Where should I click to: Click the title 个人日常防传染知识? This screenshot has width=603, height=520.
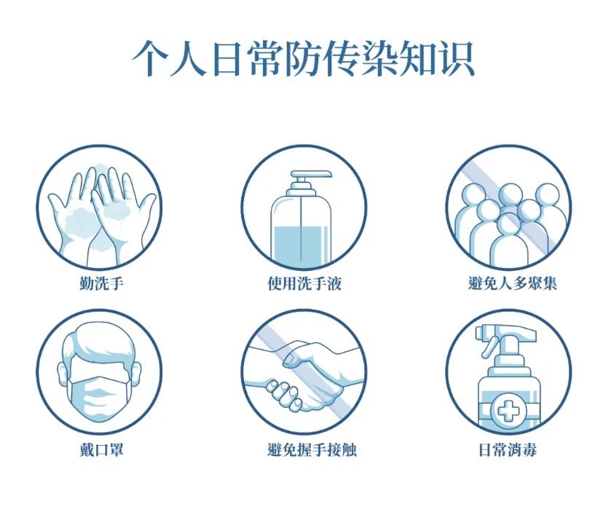coord(304,59)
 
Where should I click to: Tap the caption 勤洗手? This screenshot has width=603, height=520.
coord(101,284)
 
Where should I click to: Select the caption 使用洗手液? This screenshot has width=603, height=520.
coord(304,284)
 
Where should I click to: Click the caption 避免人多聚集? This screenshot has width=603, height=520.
coord(512,283)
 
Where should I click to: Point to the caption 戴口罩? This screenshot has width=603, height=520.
coord(101,449)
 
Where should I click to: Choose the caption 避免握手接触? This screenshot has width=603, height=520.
coord(312,449)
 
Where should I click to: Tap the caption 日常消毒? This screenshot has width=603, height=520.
coord(508,449)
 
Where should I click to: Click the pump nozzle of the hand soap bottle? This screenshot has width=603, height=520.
coord(311,175)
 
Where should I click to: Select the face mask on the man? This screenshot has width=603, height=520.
coord(98,398)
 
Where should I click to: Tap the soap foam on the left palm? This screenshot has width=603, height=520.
coord(81,222)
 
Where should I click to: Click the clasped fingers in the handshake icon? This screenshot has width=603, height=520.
coord(284,394)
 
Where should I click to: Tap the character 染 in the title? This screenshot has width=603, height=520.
coord(379,59)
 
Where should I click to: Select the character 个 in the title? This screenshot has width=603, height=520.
coord(151,59)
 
